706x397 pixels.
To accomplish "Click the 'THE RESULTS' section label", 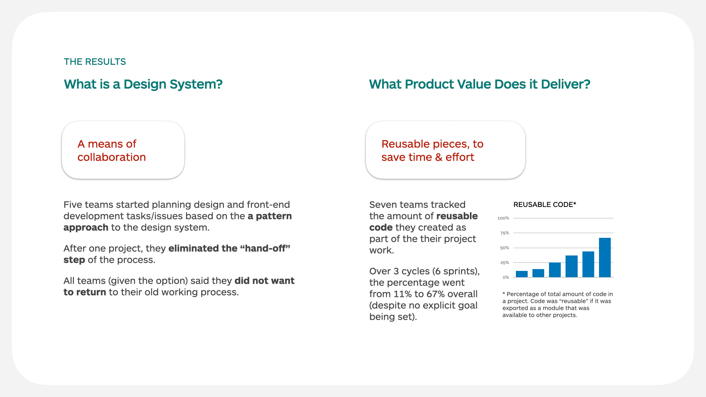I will (95, 62).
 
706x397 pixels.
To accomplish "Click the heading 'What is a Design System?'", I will (143, 84).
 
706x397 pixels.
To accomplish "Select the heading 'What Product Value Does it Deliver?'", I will (479, 84).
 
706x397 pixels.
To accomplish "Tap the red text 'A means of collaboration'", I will (111, 150).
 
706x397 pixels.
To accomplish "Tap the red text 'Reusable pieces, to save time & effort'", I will (432, 150).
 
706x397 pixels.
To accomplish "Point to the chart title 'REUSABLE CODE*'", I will (544, 205).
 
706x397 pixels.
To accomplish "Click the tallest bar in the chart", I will (605, 257).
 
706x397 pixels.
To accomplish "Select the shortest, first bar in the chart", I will (521, 274).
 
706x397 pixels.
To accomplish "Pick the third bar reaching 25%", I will (555, 270).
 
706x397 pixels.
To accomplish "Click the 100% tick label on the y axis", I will (503, 218).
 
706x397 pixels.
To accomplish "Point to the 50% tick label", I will (504, 248).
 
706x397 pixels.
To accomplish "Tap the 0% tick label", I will (506, 278).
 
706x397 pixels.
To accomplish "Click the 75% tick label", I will (504, 233).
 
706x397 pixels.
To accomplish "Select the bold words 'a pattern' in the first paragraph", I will (270, 216).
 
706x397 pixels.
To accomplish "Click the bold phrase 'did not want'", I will (264, 281).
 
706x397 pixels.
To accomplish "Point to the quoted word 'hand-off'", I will (265, 248).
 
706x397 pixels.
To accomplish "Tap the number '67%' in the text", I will (435, 294).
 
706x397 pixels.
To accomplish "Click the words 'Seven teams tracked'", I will (417, 205).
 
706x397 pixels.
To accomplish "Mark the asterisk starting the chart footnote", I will (504, 294).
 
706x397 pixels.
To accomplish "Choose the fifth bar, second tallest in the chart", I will (588, 264).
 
